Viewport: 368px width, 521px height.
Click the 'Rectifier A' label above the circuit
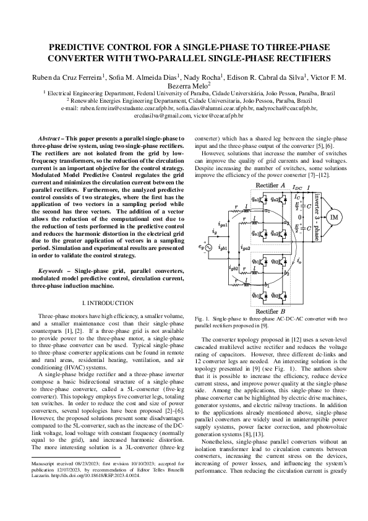pyautogui.click(x=270, y=185)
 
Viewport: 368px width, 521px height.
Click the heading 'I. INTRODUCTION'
pyautogui.click(x=108, y=303)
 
